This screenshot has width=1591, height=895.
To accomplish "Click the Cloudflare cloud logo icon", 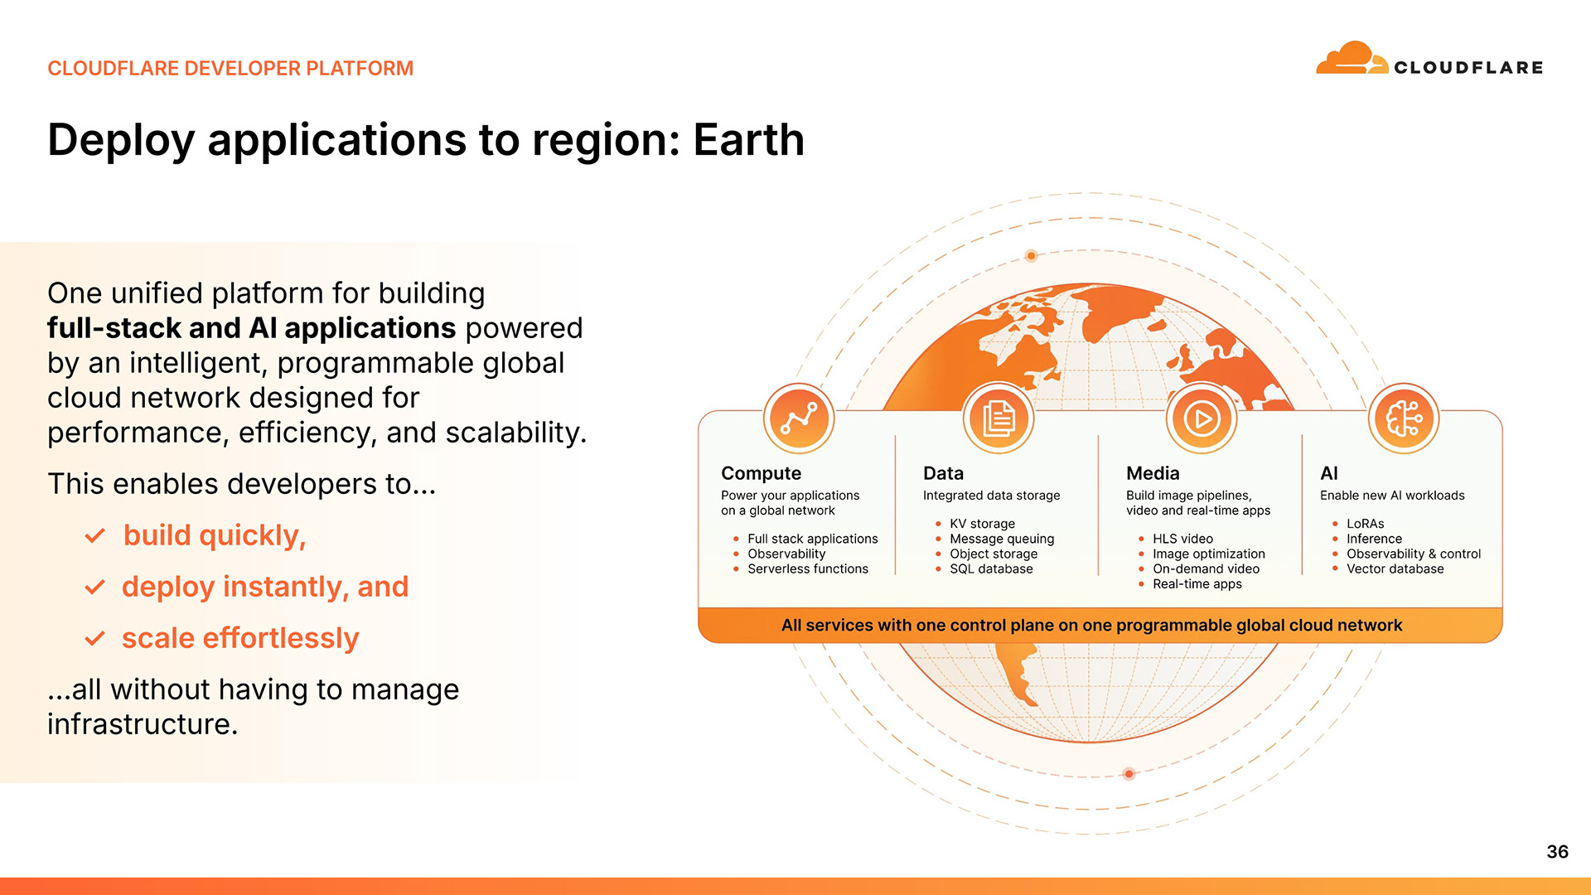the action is [1352, 58].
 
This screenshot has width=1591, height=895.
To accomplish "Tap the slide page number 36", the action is [1557, 851].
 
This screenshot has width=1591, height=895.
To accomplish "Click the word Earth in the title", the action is [748, 139].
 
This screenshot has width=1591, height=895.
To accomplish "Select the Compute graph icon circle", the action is [798, 418].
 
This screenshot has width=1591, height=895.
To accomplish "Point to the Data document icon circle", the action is [999, 418].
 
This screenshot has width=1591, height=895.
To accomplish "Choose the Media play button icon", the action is [1201, 418].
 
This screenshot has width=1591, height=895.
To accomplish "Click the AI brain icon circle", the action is [1403, 418].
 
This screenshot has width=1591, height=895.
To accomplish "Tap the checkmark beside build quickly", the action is [95, 536].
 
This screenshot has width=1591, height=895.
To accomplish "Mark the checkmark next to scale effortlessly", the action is [95, 639].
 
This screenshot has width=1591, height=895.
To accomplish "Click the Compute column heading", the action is [761, 474].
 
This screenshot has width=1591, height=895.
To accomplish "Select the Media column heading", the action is [1153, 473].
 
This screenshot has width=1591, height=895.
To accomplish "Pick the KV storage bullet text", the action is [982, 524].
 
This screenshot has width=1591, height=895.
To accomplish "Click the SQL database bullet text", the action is [991, 568].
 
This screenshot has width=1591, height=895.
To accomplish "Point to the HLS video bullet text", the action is [1182, 539].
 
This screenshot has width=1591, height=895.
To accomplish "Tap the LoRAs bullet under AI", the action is [1365, 524].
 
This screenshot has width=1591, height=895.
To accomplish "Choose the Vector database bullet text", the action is [1395, 568].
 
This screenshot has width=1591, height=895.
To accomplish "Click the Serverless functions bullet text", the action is [808, 568].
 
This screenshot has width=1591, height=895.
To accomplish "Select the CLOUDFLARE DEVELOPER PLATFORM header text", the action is [230, 68].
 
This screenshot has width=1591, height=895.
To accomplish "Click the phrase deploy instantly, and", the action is [265, 587].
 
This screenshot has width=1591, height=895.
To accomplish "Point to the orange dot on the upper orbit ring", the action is [1031, 256].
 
